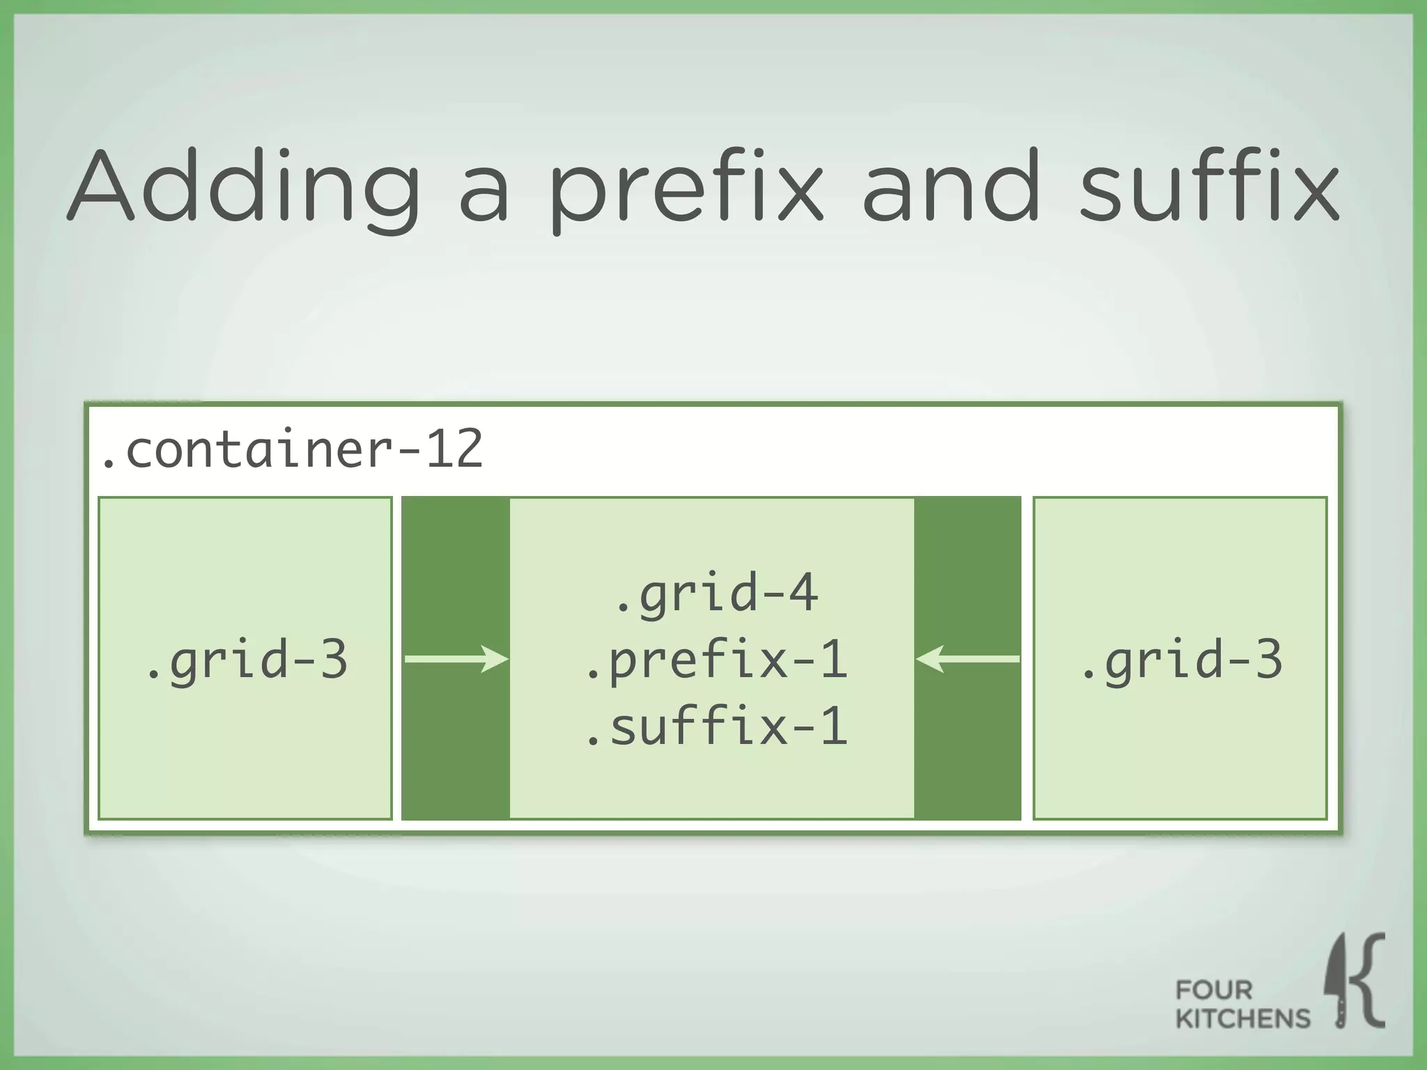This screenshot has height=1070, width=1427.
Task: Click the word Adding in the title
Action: [244, 188]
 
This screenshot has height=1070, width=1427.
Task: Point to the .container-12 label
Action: [291, 449]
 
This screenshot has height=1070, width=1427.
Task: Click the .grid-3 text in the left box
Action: [245, 659]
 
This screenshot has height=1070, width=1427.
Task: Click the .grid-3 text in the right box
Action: [1180, 659]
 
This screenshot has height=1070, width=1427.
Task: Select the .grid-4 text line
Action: [716, 592]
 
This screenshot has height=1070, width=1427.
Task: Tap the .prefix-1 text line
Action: [716, 660]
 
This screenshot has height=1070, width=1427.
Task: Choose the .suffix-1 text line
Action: [716, 727]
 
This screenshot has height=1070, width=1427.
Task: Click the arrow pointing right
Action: [456, 658]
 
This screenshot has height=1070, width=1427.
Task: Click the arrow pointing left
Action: [968, 658]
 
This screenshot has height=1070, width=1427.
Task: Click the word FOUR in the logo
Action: [1214, 990]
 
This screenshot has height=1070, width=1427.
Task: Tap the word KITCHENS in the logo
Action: [1242, 1018]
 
